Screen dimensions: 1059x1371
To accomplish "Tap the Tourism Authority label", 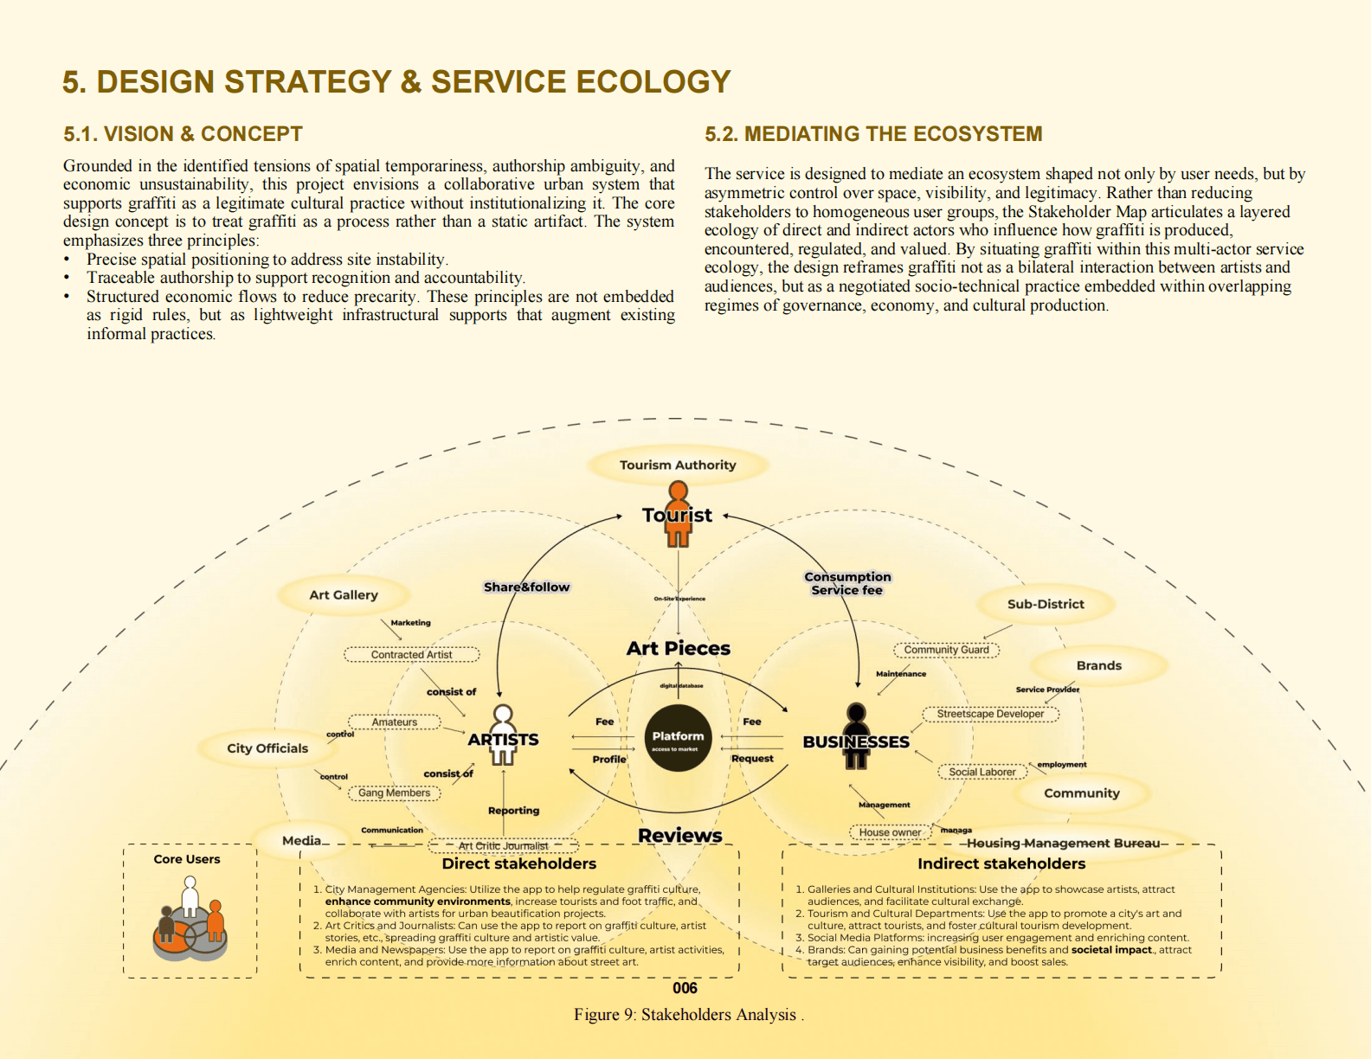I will click(x=678, y=465).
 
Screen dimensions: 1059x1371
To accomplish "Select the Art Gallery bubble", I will click(x=344, y=595).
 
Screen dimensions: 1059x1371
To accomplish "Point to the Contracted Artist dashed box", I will click(x=411, y=655).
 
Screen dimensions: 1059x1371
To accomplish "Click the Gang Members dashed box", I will click(x=394, y=793).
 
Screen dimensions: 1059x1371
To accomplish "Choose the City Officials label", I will click(x=267, y=748).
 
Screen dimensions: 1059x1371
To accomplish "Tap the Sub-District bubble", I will click(x=1046, y=604).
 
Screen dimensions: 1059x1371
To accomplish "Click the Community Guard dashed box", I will click(x=946, y=650).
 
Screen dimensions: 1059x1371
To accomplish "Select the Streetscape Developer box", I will click(x=990, y=714).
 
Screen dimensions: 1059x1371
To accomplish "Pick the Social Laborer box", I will click(x=982, y=772).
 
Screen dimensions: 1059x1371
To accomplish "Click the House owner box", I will click(x=890, y=832).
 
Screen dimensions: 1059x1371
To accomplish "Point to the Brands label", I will click(x=1099, y=665).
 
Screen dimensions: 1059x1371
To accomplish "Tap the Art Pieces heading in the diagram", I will click(x=679, y=648).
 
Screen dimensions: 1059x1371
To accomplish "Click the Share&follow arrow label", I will click(x=526, y=587).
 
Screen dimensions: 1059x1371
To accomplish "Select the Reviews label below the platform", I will click(x=680, y=835).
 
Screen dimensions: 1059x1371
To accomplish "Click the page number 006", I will click(x=685, y=988).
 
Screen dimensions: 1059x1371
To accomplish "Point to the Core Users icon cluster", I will click(x=190, y=921).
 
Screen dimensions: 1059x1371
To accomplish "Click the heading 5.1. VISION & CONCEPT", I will click(x=183, y=134).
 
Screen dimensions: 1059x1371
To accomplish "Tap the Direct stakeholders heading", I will click(x=518, y=863).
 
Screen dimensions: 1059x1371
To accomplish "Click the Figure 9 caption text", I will click(x=688, y=1015).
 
